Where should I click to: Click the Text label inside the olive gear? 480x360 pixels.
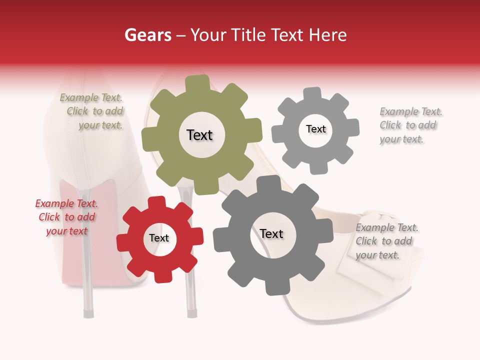coord(199,135)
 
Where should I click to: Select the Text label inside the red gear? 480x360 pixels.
coord(159,238)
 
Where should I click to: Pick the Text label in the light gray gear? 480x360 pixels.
coord(315,129)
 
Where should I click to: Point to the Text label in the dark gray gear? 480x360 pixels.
coord(271,234)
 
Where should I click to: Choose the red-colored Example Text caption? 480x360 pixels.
coord(66,217)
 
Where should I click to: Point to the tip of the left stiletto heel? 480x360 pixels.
coord(88,314)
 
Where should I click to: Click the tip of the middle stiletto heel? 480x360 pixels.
coord(191,313)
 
